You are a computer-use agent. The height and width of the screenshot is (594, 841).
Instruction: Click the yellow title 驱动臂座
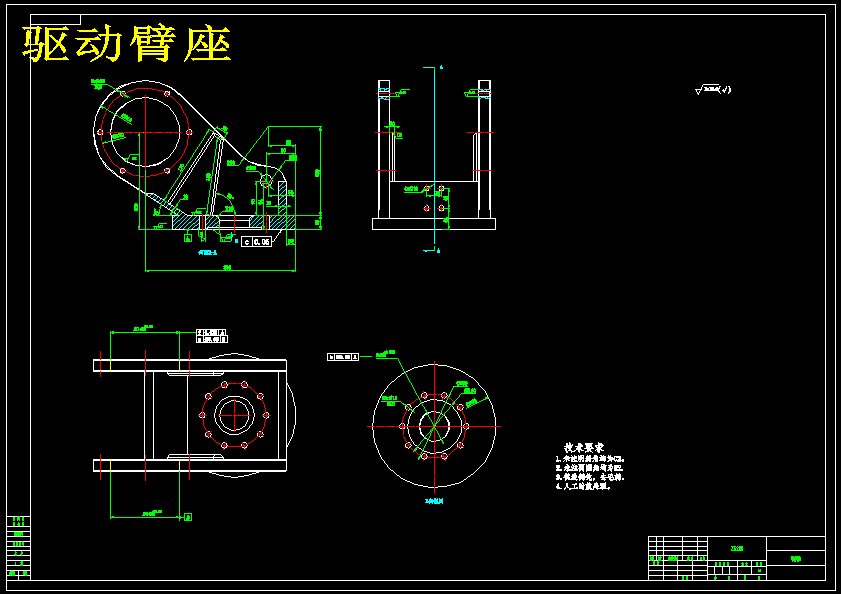pos(128,44)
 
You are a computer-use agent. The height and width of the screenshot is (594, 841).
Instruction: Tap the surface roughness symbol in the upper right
pos(713,90)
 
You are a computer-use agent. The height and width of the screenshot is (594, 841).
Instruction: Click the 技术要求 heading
pos(582,448)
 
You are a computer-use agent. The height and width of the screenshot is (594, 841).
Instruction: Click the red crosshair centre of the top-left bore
pos(142,132)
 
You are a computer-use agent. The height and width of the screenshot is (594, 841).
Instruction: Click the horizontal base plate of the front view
pos(434,224)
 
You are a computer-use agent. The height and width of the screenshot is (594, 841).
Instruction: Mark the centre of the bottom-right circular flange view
pos(435,426)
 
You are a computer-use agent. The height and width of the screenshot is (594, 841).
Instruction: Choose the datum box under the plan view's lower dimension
pos(188,517)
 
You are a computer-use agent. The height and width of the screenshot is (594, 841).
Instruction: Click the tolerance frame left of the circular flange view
pos(343,356)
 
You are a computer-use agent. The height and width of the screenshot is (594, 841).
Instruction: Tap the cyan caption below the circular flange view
pos(434,499)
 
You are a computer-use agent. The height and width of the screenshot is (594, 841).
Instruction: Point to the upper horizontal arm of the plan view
pos(190,366)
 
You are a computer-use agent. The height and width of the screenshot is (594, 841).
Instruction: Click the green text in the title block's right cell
pos(796,559)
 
